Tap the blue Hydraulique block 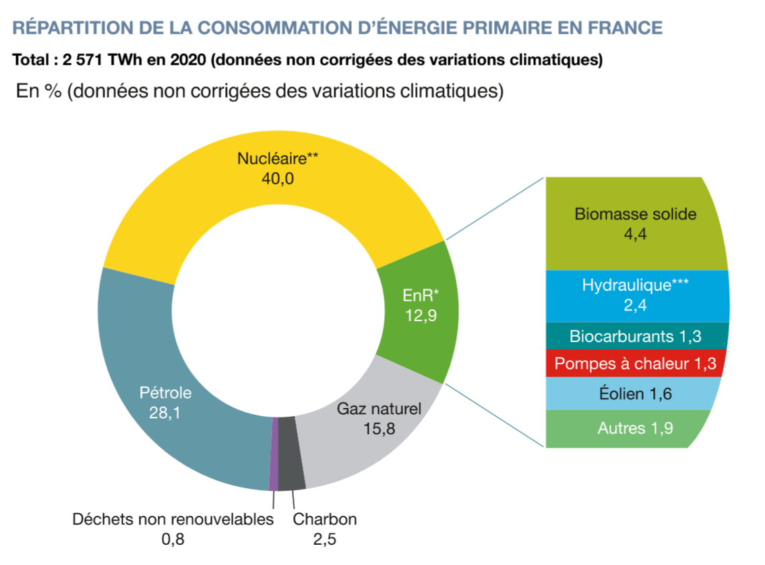pyautogui.click(x=636, y=295)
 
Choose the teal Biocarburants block pyautogui.click(x=636, y=335)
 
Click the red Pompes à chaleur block pyautogui.click(x=636, y=364)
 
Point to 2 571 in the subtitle pyautogui.click(x=84, y=60)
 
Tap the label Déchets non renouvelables pyautogui.click(x=173, y=519)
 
